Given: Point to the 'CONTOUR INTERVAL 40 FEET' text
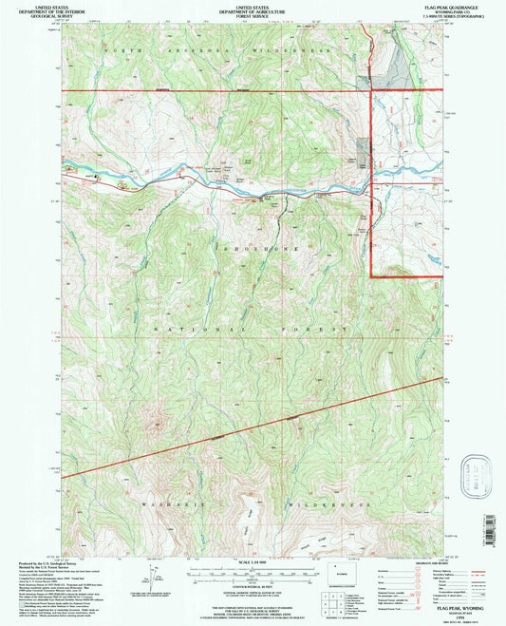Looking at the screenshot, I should point(252,588).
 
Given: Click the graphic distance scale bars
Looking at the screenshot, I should point(252,574).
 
